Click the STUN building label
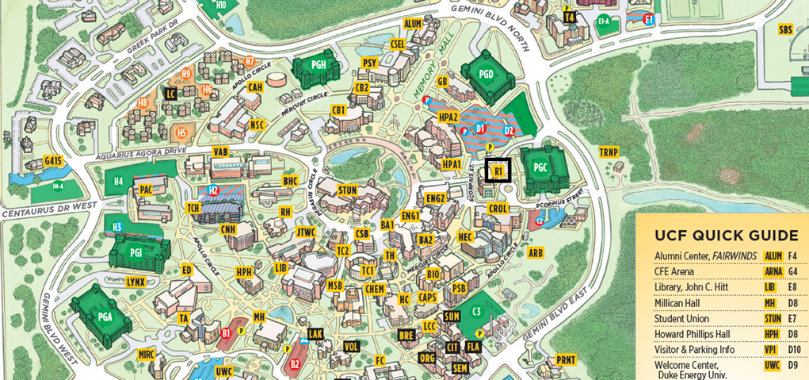point(347,190)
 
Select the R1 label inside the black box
point(498,171)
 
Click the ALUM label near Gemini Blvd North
point(413,25)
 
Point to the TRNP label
point(609,152)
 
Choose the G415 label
point(53,161)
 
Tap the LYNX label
point(135,282)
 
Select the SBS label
point(785,30)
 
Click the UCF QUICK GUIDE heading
point(726,236)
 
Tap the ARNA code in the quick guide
point(773,271)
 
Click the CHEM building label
point(375,290)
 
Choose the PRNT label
point(566,359)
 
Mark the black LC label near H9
point(170,94)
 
